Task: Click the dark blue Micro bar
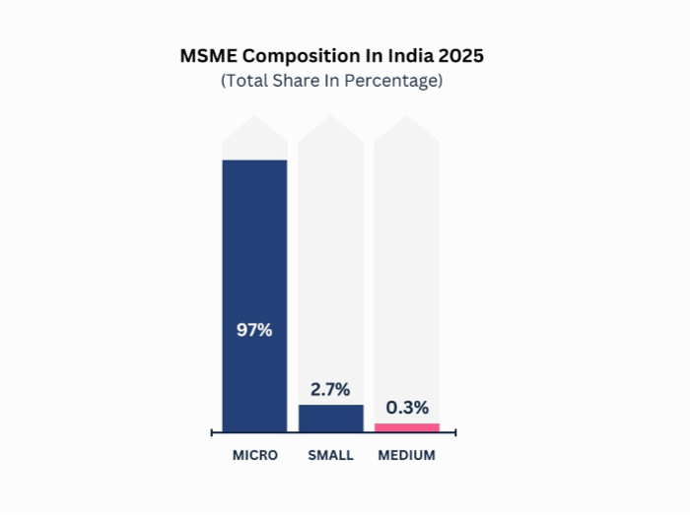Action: coord(254,246)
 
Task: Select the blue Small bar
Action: coord(331,418)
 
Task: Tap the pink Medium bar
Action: coord(407,427)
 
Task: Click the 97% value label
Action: coord(254,330)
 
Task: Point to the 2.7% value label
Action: coord(331,390)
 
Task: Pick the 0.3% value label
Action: coord(407,408)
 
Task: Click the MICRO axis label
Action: coord(255,456)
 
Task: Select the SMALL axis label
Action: coord(330,456)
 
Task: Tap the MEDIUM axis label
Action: coord(406,456)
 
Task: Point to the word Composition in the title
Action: coord(296,56)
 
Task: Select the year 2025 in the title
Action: coord(459,56)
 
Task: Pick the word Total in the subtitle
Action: coord(252,81)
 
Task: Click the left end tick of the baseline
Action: coord(213,431)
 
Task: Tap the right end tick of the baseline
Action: coord(454,431)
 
